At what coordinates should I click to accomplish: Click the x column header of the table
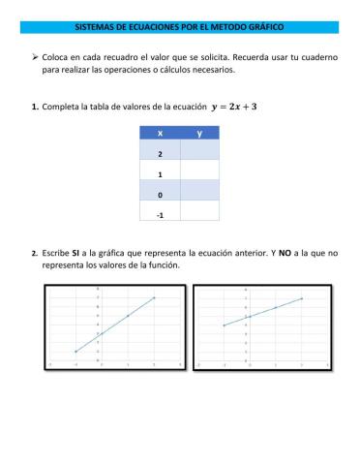(x=160, y=134)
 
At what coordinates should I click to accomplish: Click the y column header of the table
(x=199, y=134)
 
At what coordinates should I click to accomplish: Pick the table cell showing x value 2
(x=160, y=152)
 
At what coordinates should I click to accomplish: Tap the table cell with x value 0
(x=160, y=192)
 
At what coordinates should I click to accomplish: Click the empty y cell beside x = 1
(x=199, y=172)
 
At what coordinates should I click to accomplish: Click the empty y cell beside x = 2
(x=199, y=152)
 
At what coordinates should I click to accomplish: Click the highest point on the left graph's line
(x=154, y=297)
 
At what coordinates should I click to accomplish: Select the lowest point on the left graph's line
(x=75, y=351)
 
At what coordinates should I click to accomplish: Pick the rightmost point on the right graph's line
(x=303, y=298)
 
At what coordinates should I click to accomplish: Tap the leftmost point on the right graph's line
(x=224, y=325)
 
